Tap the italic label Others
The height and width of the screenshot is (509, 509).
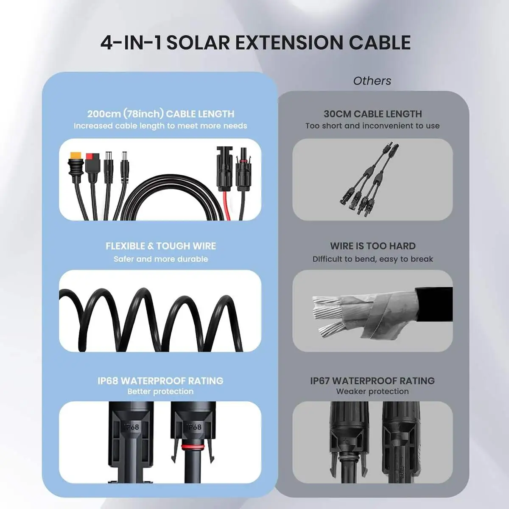tap(372, 81)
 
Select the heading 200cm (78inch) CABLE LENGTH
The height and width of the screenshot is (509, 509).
tap(160, 114)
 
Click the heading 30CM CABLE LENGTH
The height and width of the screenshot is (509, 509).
tap(372, 114)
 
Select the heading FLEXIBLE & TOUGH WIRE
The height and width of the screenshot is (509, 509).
tap(160, 246)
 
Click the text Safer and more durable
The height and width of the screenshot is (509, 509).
tap(160, 259)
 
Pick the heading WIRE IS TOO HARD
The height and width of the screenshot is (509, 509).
tap(372, 246)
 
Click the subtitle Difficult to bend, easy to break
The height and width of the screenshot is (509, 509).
tap(372, 259)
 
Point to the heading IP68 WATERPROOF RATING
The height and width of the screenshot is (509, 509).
tap(160, 380)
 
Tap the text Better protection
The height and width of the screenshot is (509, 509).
tap(160, 392)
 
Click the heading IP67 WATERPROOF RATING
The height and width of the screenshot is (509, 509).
tap(372, 380)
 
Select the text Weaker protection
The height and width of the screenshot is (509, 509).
tap(372, 392)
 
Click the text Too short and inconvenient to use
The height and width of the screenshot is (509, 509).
tap(372, 126)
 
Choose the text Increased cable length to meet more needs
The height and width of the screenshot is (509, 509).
tap(160, 126)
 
